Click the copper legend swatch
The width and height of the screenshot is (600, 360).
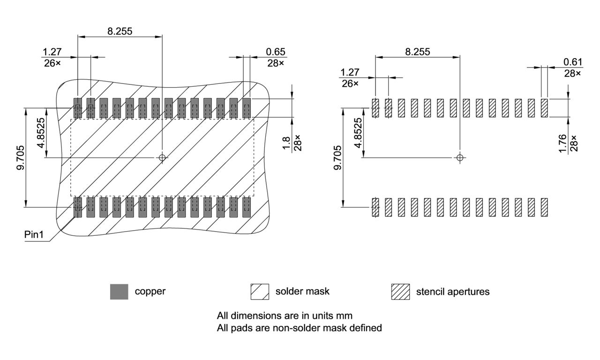point(119,292)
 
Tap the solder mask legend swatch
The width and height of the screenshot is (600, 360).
point(260,292)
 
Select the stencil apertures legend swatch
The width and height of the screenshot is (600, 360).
point(400,292)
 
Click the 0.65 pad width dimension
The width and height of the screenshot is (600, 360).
point(276,52)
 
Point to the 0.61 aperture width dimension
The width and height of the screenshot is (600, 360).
point(573,62)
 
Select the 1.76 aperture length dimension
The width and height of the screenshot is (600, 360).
point(562,142)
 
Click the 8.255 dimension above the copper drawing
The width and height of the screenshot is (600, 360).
point(120,31)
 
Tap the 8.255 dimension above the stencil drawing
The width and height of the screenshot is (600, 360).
point(417,52)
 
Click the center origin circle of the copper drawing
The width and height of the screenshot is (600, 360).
point(162,157)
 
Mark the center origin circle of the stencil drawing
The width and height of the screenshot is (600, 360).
point(460,157)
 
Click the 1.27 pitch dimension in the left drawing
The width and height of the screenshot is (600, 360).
point(52,52)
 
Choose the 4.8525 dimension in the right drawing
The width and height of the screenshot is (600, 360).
point(358,133)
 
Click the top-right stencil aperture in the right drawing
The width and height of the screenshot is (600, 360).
point(544,108)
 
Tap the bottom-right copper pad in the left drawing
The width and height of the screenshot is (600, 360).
point(247,207)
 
